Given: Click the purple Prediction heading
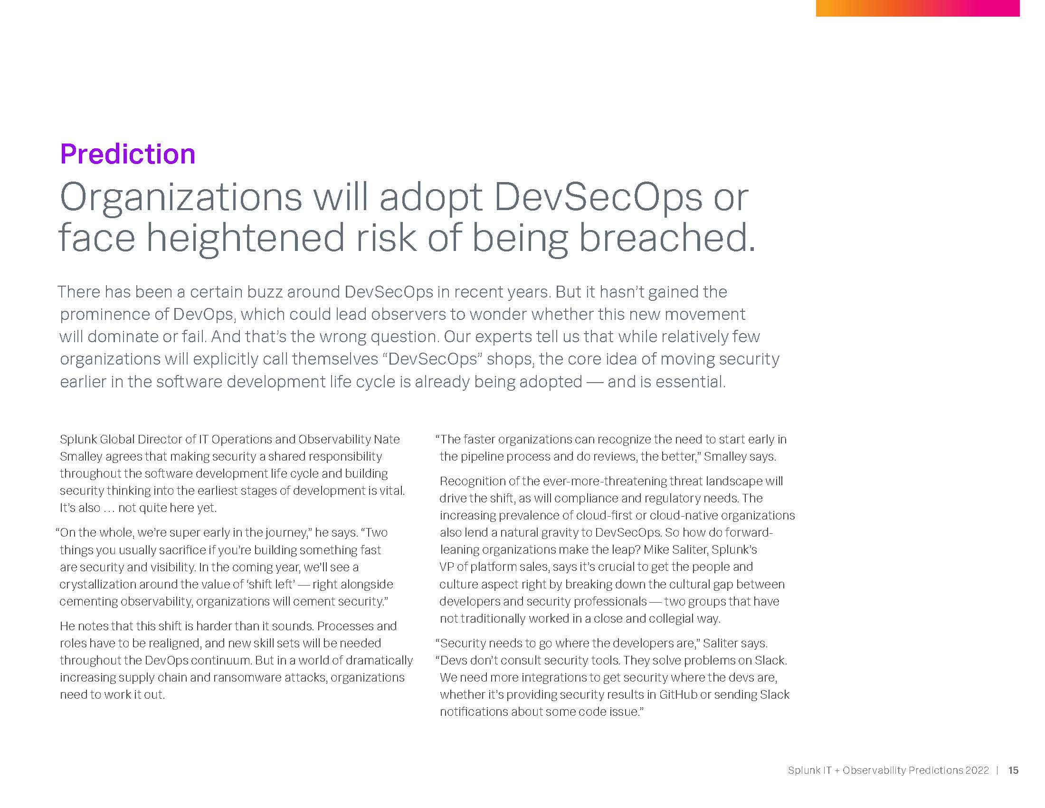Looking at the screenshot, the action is point(128,154).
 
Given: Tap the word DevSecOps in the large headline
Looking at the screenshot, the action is point(598,198).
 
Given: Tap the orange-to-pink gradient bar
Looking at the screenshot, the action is point(918,8).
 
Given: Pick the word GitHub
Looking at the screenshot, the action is point(678,694).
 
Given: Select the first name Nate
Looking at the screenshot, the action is point(387,439).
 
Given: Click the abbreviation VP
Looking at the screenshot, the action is point(446,567).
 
